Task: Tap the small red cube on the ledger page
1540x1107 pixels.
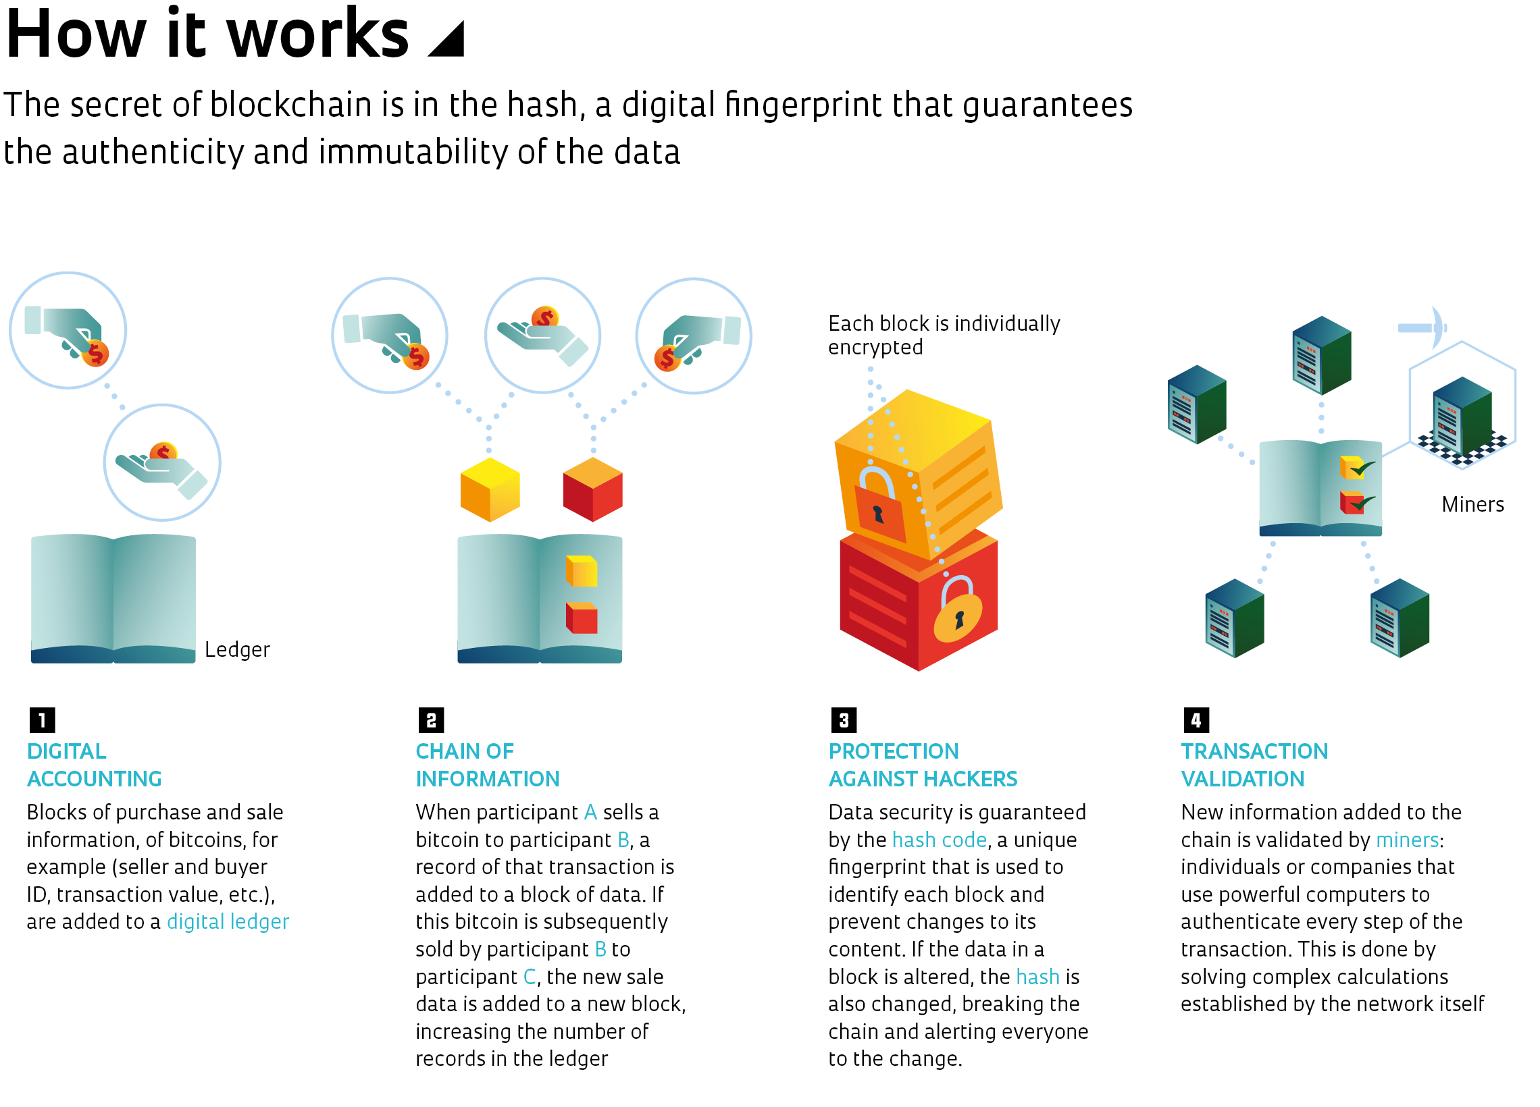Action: click(583, 619)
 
